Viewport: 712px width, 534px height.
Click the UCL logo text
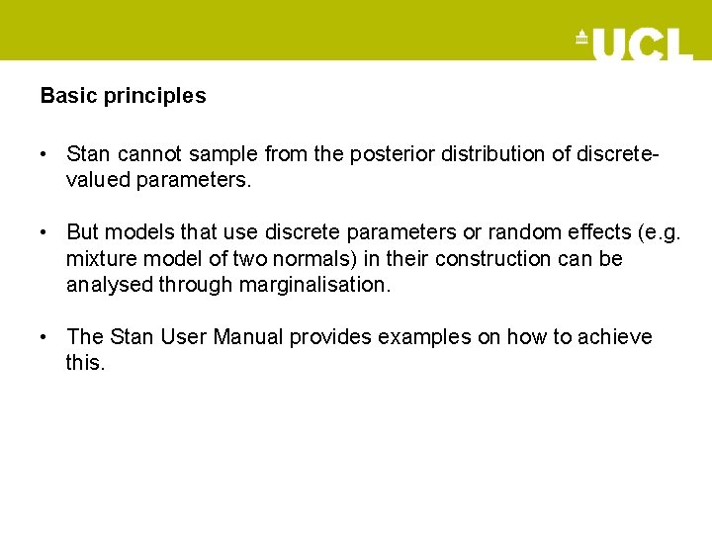642,43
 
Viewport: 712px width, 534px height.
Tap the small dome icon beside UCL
581,39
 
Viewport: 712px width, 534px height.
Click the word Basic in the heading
63,96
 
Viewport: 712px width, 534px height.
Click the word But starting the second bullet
83,232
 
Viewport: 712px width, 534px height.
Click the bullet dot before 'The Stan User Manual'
45,337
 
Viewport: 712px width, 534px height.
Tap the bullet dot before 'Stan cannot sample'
45,154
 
